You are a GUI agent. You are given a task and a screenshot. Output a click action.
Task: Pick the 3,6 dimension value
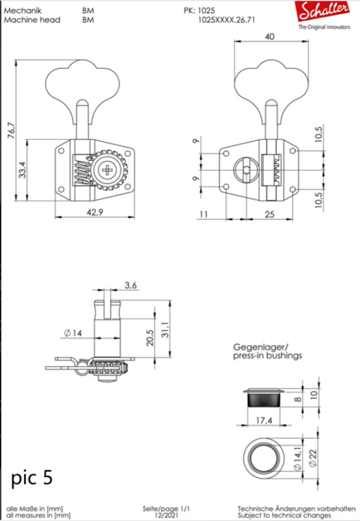[130, 286]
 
